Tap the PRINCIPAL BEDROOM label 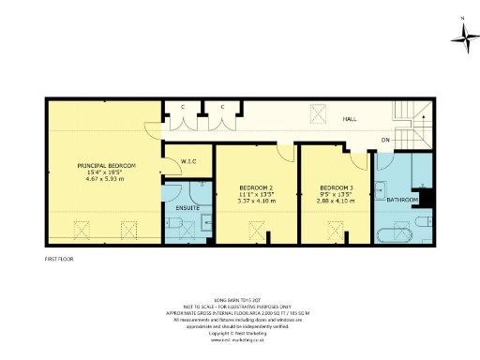(x=106, y=165)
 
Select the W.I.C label (x=187, y=162)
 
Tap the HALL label (x=348, y=120)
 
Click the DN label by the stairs (x=384, y=141)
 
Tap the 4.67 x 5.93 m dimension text (x=106, y=178)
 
